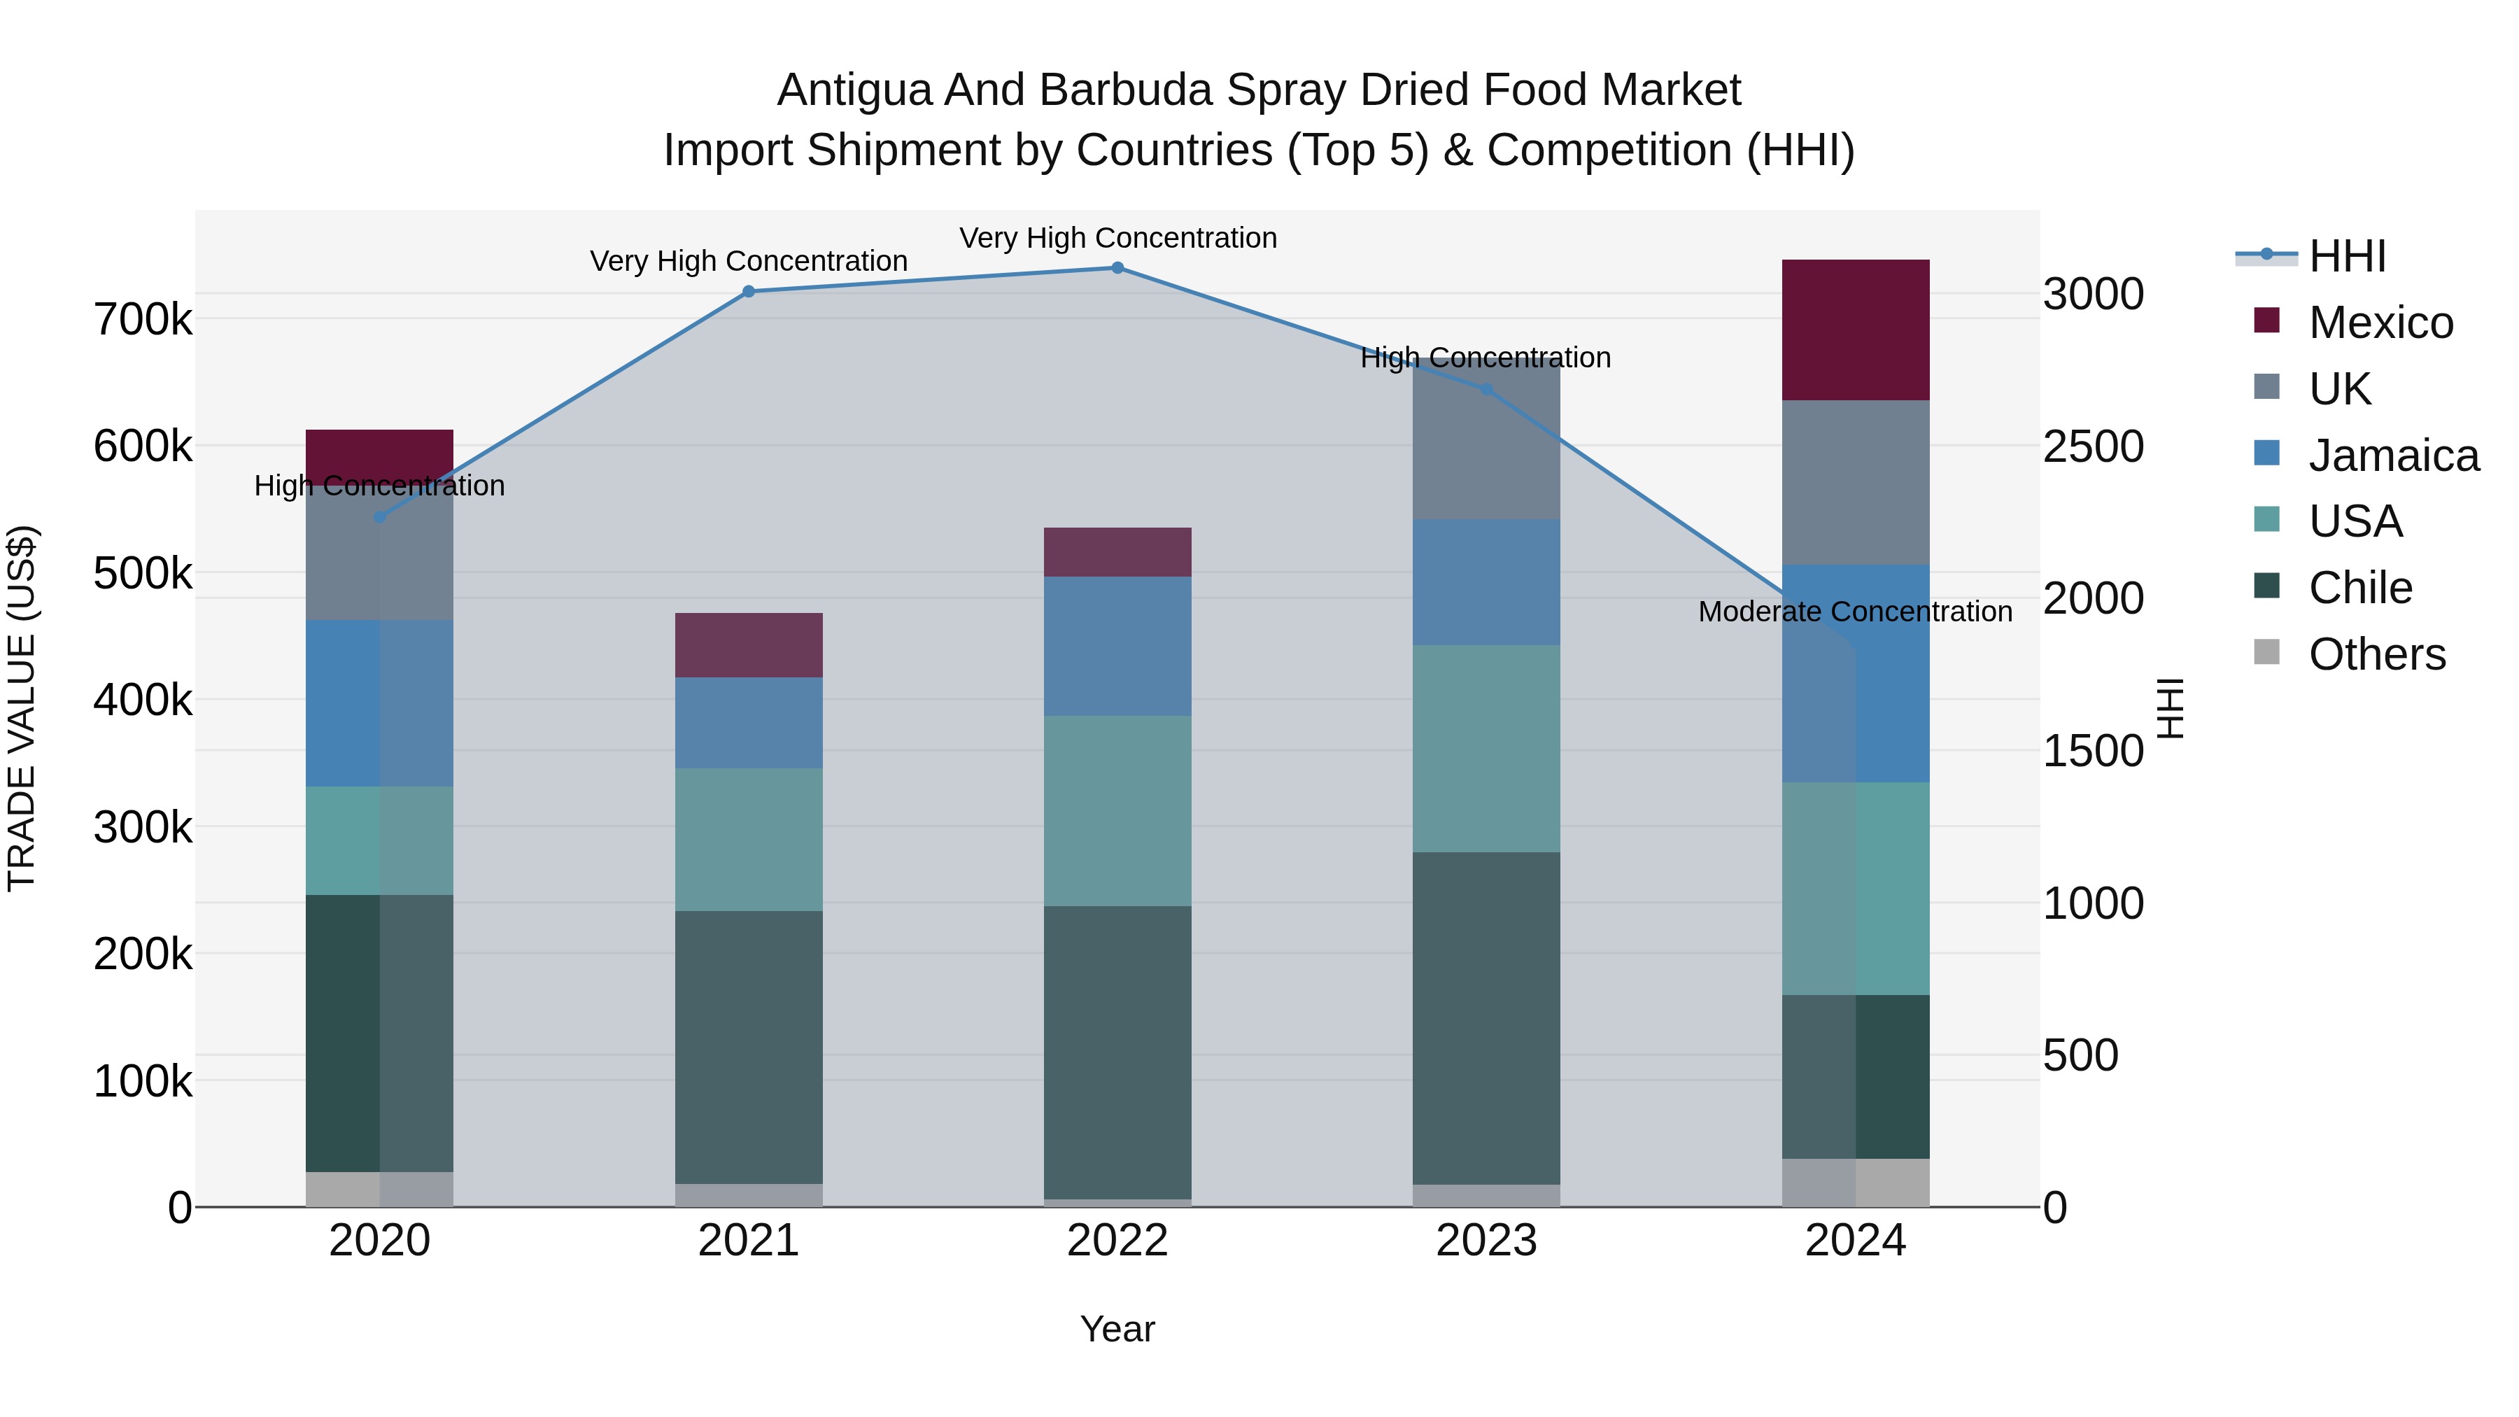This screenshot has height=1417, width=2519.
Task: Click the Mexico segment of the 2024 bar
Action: pos(1855,330)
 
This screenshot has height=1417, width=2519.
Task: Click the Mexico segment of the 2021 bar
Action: pos(748,644)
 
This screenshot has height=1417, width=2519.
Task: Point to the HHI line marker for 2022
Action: pos(1117,267)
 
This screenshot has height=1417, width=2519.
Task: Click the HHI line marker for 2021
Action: pos(748,290)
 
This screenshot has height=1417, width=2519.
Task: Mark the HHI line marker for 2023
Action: pos(1486,388)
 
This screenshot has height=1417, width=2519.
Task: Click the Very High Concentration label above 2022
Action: pos(1117,238)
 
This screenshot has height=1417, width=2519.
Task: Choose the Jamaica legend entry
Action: pos(2393,456)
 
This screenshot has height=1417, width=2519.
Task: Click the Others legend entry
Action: pos(2376,654)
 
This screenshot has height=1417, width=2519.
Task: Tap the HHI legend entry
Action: pos(2347,256)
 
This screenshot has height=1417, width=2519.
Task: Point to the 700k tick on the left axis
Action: pos(143,319)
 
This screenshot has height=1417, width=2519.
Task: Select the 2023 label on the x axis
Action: pos(1486,1240)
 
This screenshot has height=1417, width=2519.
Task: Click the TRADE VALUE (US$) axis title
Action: pos(22,708)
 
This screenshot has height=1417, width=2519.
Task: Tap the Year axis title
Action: pos(1117,1329)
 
